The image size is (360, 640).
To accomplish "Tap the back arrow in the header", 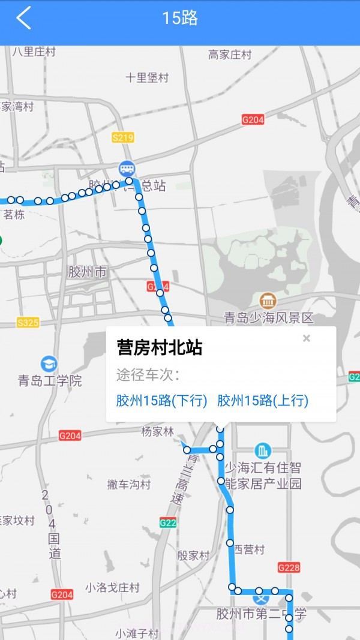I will tap(23, 18).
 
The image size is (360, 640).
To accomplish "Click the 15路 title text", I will tap(180, 18).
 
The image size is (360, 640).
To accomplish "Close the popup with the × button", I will tap(307, 338).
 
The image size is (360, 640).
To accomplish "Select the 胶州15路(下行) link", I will tap(161, 401).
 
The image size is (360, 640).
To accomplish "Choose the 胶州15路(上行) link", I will tap(263, 401).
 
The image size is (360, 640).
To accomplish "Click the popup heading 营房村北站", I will tap(160, 348).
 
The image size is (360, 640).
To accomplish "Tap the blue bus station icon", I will tap(127, 168).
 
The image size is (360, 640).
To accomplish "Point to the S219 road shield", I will tap(122, 137).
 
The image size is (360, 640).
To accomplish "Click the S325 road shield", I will tap(28, 323).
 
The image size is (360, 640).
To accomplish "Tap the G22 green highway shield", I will tap(169, 523).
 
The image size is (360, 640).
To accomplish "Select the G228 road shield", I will tap(289, 567).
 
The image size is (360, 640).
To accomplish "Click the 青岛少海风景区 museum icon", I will tap(268, 301).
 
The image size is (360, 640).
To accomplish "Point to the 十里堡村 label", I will tap(148, 78).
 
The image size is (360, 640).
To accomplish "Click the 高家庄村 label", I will tap(230, 55).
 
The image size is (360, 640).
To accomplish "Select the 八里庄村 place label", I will tap(34, 52).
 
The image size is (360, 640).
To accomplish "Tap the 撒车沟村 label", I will tap(128, 484).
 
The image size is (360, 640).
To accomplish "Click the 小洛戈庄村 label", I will tap(112, 588).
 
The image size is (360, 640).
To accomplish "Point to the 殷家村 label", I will tap(193, 555).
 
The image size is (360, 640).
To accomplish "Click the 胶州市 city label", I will tap(88, 272).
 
